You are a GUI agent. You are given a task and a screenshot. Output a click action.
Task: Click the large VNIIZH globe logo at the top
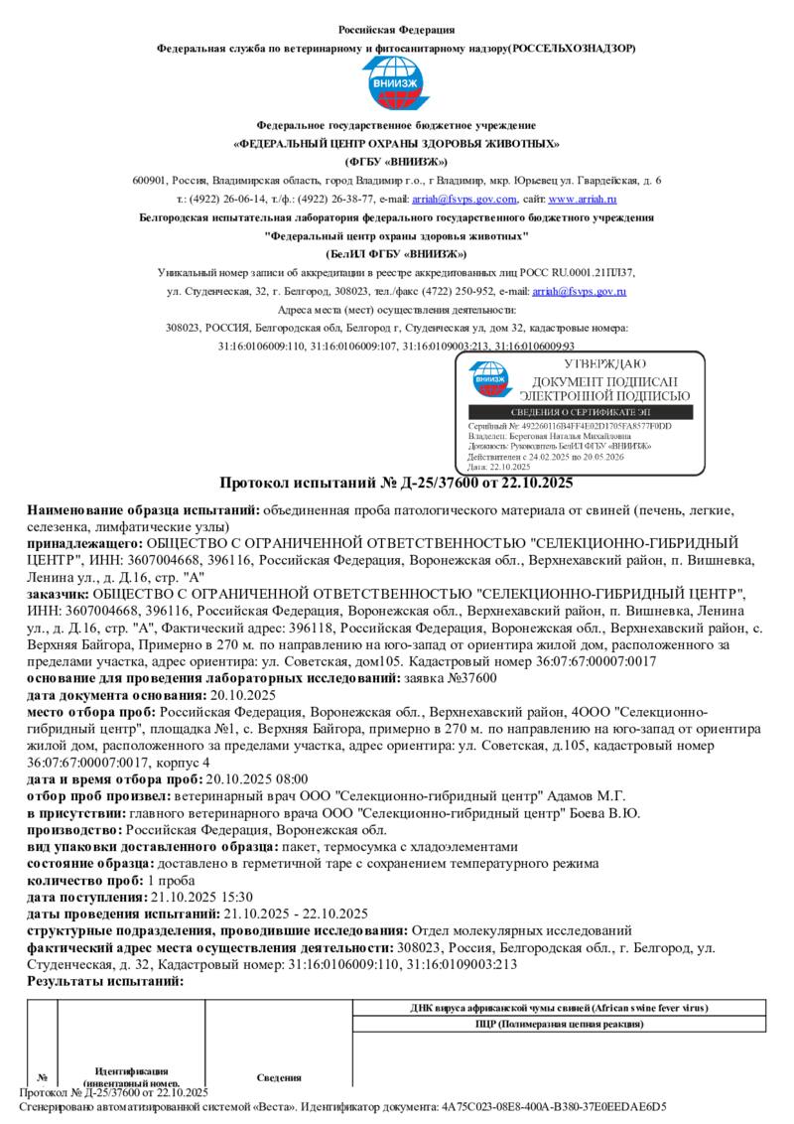396,84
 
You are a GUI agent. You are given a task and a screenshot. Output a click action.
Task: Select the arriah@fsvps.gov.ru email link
579,291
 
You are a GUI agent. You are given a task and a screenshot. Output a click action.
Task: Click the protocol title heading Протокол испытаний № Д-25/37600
396,484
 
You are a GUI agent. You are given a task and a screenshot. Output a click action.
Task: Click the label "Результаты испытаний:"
105,981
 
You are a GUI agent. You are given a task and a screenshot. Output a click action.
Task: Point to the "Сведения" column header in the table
279,1077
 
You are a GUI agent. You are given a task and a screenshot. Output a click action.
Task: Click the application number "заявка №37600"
451,677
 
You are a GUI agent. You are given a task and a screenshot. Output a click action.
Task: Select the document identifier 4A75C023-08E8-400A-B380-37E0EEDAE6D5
555,1105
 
